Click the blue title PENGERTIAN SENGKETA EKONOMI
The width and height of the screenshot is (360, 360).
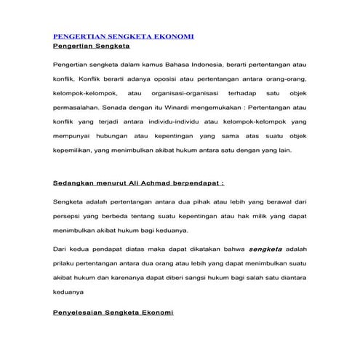tap(128, 36)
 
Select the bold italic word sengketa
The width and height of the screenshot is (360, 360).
tap(265, 251)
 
